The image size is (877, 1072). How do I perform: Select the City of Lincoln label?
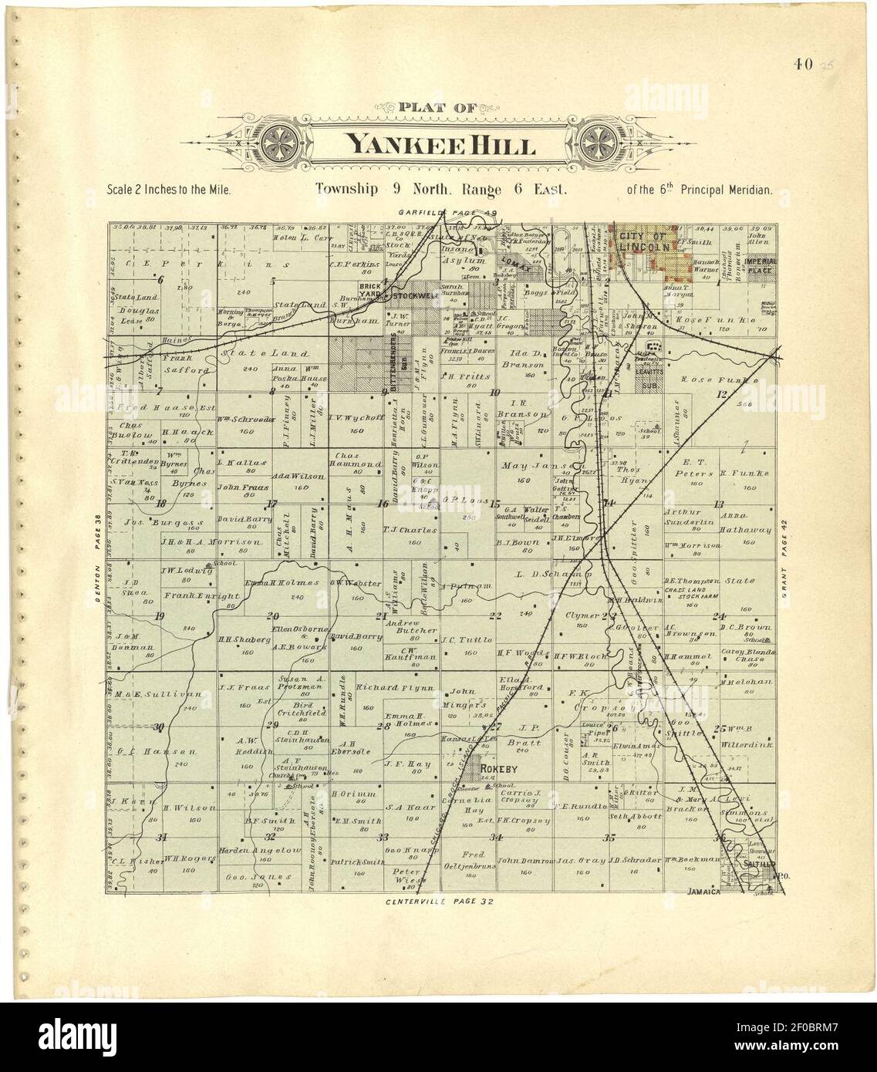click(x=642, y=241)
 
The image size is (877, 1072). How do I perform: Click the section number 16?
click(x=382, y=505)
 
